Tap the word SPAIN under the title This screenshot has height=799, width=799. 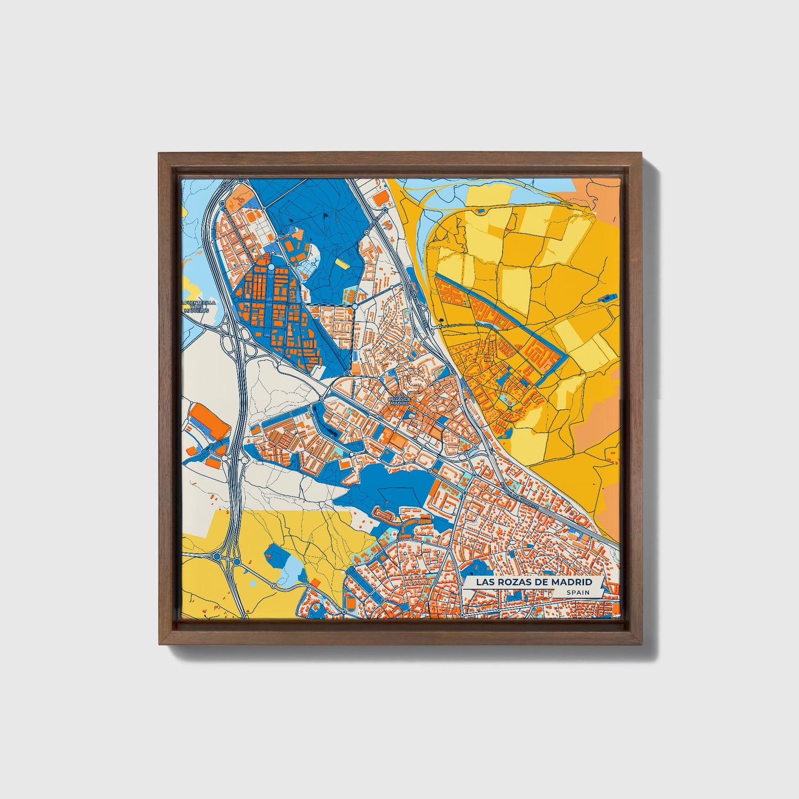tap(577, 593)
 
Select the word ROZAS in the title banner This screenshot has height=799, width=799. tap(514, 582)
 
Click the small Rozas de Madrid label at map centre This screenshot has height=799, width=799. tap(400, 401)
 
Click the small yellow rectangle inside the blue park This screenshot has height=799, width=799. tap(343, 264)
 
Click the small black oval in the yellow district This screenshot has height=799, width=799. tap(442, 318)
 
